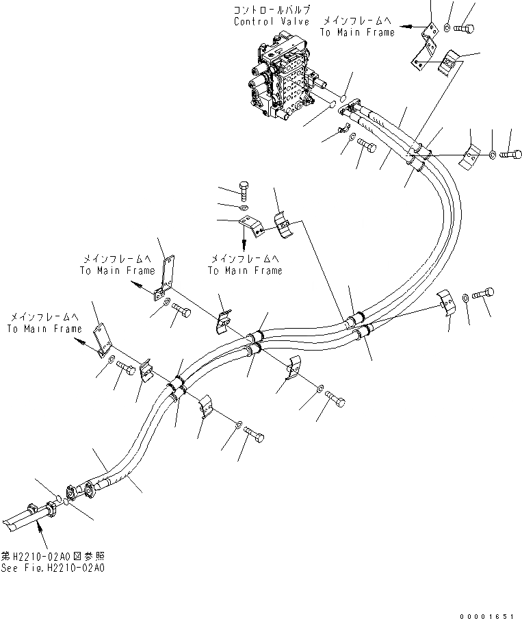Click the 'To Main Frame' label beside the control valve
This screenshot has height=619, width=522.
[358, 32]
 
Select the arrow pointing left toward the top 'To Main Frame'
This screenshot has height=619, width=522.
[408, 26]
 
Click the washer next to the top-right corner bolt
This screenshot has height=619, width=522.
[447, 28]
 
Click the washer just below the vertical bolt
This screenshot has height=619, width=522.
[244, 206]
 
